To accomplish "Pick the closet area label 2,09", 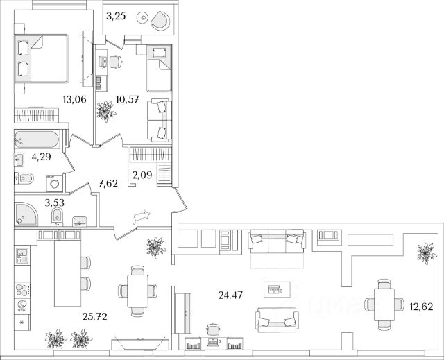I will pyautogui.click(x=143, y=173).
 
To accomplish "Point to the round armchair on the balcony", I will pyautogui.click(x=158, y=21).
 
